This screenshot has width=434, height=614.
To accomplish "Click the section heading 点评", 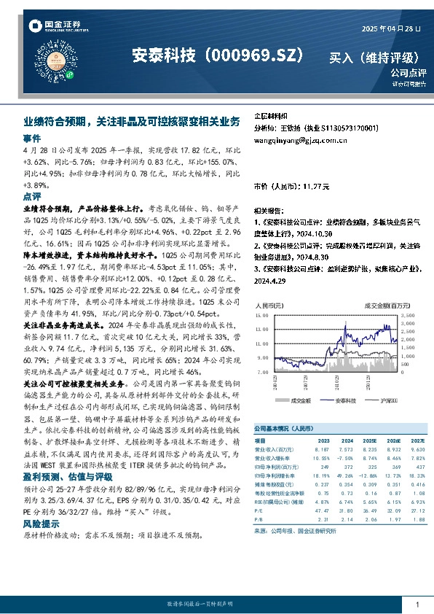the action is click(x=32, y=197).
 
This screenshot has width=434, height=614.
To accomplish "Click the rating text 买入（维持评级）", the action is click(x=374, y=57).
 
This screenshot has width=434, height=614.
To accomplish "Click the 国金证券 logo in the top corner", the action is click(x=51, y=28).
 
